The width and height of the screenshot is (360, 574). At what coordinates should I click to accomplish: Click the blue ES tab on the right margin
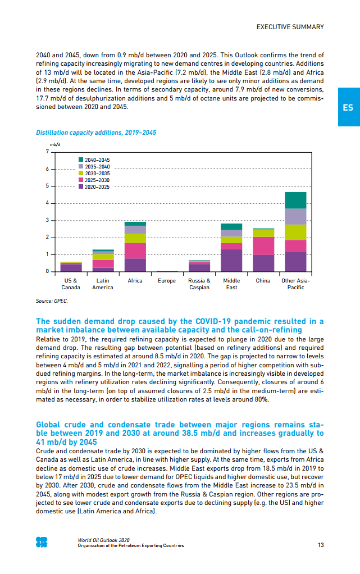coord(348,107)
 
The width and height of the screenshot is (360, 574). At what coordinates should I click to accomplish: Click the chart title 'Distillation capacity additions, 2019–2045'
coord(96,133)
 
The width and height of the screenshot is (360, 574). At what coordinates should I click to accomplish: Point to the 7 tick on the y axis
coord(47,152)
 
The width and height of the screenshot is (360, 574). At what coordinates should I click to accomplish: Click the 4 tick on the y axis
coord(47,203)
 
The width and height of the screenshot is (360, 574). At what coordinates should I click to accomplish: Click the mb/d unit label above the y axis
coord(55,144)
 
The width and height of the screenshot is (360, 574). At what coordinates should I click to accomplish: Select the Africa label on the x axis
coord(135,280)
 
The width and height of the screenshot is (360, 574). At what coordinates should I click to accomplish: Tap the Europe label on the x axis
coord(167,280)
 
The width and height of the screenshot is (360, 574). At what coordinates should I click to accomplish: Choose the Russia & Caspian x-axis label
coord(199,284)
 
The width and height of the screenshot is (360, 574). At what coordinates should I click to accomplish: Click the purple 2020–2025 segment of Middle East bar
coord(231,260)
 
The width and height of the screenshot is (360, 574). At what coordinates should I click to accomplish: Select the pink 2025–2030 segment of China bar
coord(263,245)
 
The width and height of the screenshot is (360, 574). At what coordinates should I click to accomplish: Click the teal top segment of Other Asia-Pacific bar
coord(295,200)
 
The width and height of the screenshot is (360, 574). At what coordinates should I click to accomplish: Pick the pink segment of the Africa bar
coord(135,250)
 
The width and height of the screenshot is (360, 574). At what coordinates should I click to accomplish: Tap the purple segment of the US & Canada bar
coord(71,268)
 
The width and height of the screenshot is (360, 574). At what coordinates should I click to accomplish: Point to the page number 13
coord(320,545)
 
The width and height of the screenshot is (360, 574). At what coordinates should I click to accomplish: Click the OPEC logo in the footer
coord(42,543)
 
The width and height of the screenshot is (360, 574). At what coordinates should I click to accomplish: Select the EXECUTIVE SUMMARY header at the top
coord(290,27)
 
